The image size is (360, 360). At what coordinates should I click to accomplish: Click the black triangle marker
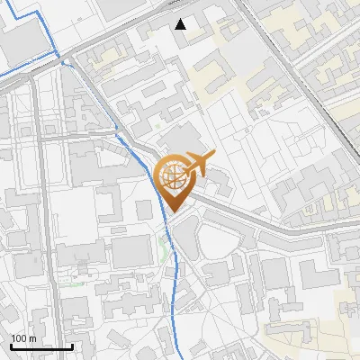(182, 24)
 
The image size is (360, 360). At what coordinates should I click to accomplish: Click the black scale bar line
(40, 346)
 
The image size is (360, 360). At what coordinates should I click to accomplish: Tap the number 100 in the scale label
(19, 338)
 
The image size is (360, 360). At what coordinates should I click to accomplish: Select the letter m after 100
(32, 338)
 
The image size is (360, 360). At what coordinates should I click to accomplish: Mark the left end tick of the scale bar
(10, 345)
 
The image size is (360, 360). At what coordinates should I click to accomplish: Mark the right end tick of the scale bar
(72, 345)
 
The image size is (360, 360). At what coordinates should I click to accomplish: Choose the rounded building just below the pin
(184, 236)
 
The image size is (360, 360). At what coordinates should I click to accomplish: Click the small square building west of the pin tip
(143, 210)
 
